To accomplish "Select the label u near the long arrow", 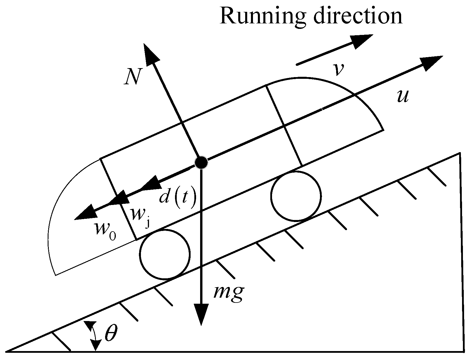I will (403, 97).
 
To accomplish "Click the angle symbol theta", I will (111, 334).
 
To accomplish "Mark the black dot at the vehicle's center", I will (201, 163).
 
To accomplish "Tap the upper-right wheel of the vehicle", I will (296, 196).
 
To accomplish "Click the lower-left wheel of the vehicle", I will (165, 254).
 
